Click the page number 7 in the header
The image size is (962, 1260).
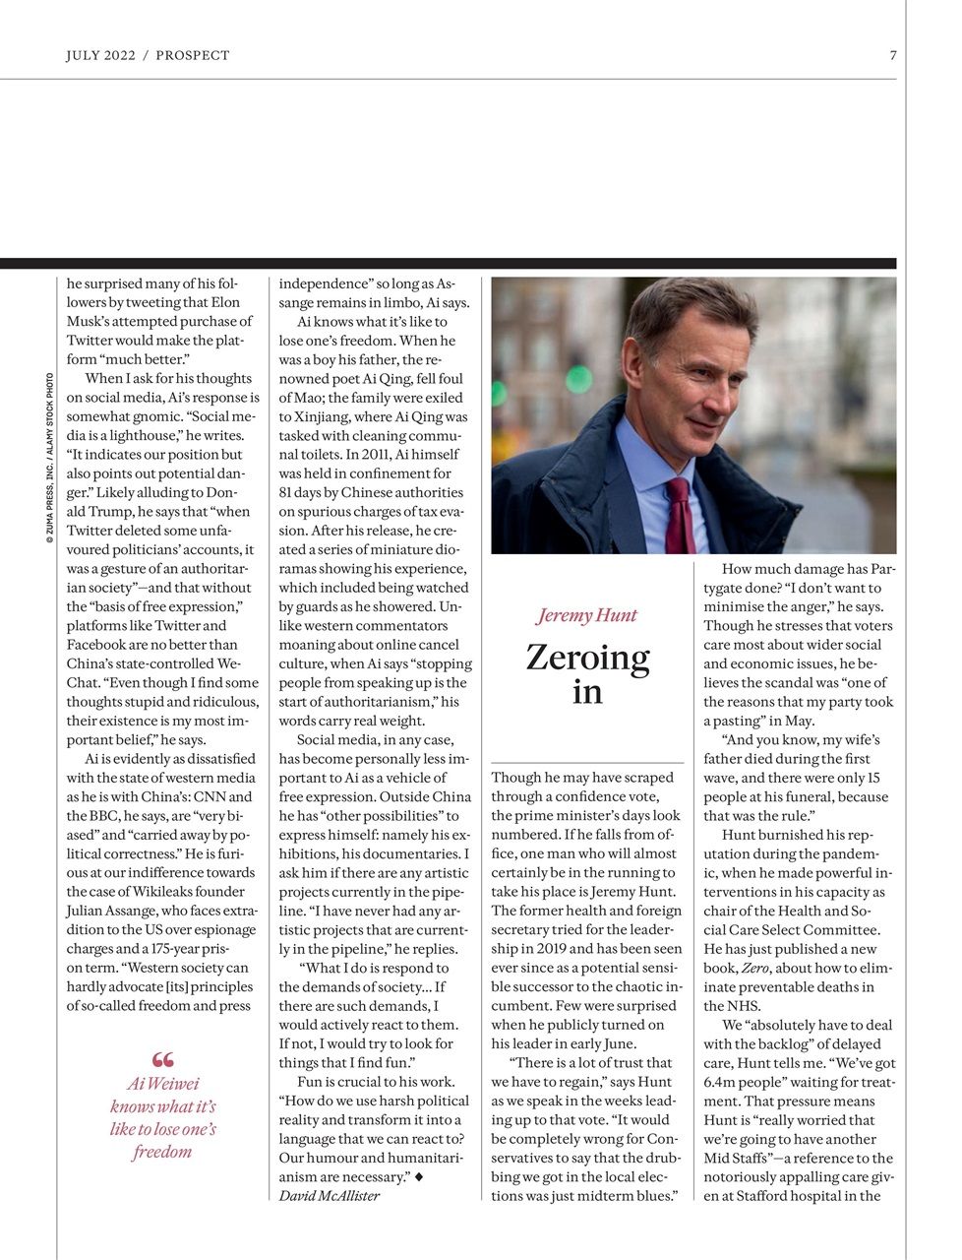(893, 55)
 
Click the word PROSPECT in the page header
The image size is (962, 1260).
(193, 55)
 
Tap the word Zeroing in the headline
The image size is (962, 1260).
(587, 657)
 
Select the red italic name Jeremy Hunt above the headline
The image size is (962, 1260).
(587, 615)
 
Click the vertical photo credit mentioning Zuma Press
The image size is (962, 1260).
(49, 460)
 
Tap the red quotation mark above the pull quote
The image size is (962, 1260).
(163, 1059)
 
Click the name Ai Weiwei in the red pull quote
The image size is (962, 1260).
(163, 1084)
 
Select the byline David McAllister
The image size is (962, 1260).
(329, 1195)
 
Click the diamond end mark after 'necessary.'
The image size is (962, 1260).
(419, 1176)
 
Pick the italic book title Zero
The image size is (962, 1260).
(754, 968)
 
